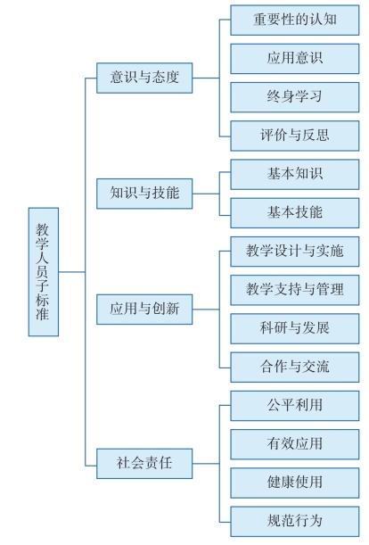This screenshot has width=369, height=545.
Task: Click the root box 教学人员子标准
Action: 44,272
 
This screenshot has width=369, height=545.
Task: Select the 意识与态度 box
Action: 144,78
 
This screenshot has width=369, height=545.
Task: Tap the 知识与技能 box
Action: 144,194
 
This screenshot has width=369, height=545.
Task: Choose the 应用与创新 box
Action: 144,310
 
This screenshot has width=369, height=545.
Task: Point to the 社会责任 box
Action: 144,464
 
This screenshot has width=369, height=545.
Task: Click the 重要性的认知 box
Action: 295,21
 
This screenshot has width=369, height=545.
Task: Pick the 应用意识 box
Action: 295,59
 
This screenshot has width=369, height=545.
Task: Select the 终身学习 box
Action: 295,97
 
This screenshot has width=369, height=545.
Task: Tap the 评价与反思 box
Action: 295,136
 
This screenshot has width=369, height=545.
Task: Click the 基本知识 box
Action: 295,175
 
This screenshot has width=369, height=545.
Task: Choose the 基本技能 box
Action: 295,213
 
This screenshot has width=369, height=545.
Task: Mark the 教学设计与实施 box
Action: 295,252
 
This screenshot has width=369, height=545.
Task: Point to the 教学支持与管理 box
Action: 295,290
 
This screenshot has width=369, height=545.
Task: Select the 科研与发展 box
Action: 295,329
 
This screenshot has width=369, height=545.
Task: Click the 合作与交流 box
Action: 295,367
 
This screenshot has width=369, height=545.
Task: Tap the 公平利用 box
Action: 295,406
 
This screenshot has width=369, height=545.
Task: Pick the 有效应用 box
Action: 295,444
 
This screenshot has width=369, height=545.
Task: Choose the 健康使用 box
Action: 295,483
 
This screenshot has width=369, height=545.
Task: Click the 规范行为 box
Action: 295,522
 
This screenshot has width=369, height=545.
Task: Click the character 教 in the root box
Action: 43,229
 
